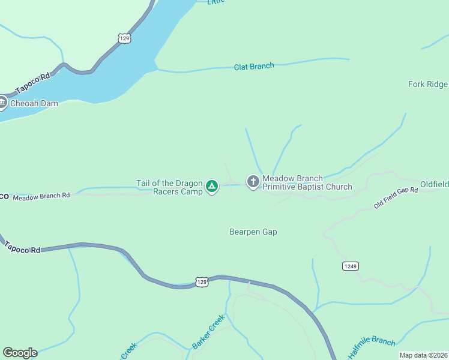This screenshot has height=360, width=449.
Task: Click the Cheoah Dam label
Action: point(37,103)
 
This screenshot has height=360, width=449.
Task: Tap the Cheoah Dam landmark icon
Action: point(2,103)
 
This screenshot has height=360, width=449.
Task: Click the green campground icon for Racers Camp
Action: point(212,187)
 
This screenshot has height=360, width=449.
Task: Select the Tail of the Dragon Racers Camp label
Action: point(171,187)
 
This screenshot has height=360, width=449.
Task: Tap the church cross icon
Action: point(253,181)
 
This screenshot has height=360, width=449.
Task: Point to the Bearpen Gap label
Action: point(253,232)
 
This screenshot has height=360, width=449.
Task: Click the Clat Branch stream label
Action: point(254,66)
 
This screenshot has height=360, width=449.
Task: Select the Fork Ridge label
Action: point(427,84)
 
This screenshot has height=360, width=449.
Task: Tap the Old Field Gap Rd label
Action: point(395,198)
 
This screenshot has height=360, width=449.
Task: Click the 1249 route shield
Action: point(351,266)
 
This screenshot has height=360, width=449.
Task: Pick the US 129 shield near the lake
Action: point(124,38)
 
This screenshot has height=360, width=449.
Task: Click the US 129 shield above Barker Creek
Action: point(202,281)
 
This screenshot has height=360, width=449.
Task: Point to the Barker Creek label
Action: point(208,332)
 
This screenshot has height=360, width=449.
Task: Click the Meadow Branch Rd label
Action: point(41,196)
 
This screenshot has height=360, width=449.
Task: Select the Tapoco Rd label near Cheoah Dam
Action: point(32,83)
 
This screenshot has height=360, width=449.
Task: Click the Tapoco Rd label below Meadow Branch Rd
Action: point(22,247)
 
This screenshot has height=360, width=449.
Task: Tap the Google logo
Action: point(20,353)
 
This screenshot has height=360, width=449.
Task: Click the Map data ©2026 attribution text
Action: point(423,355)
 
